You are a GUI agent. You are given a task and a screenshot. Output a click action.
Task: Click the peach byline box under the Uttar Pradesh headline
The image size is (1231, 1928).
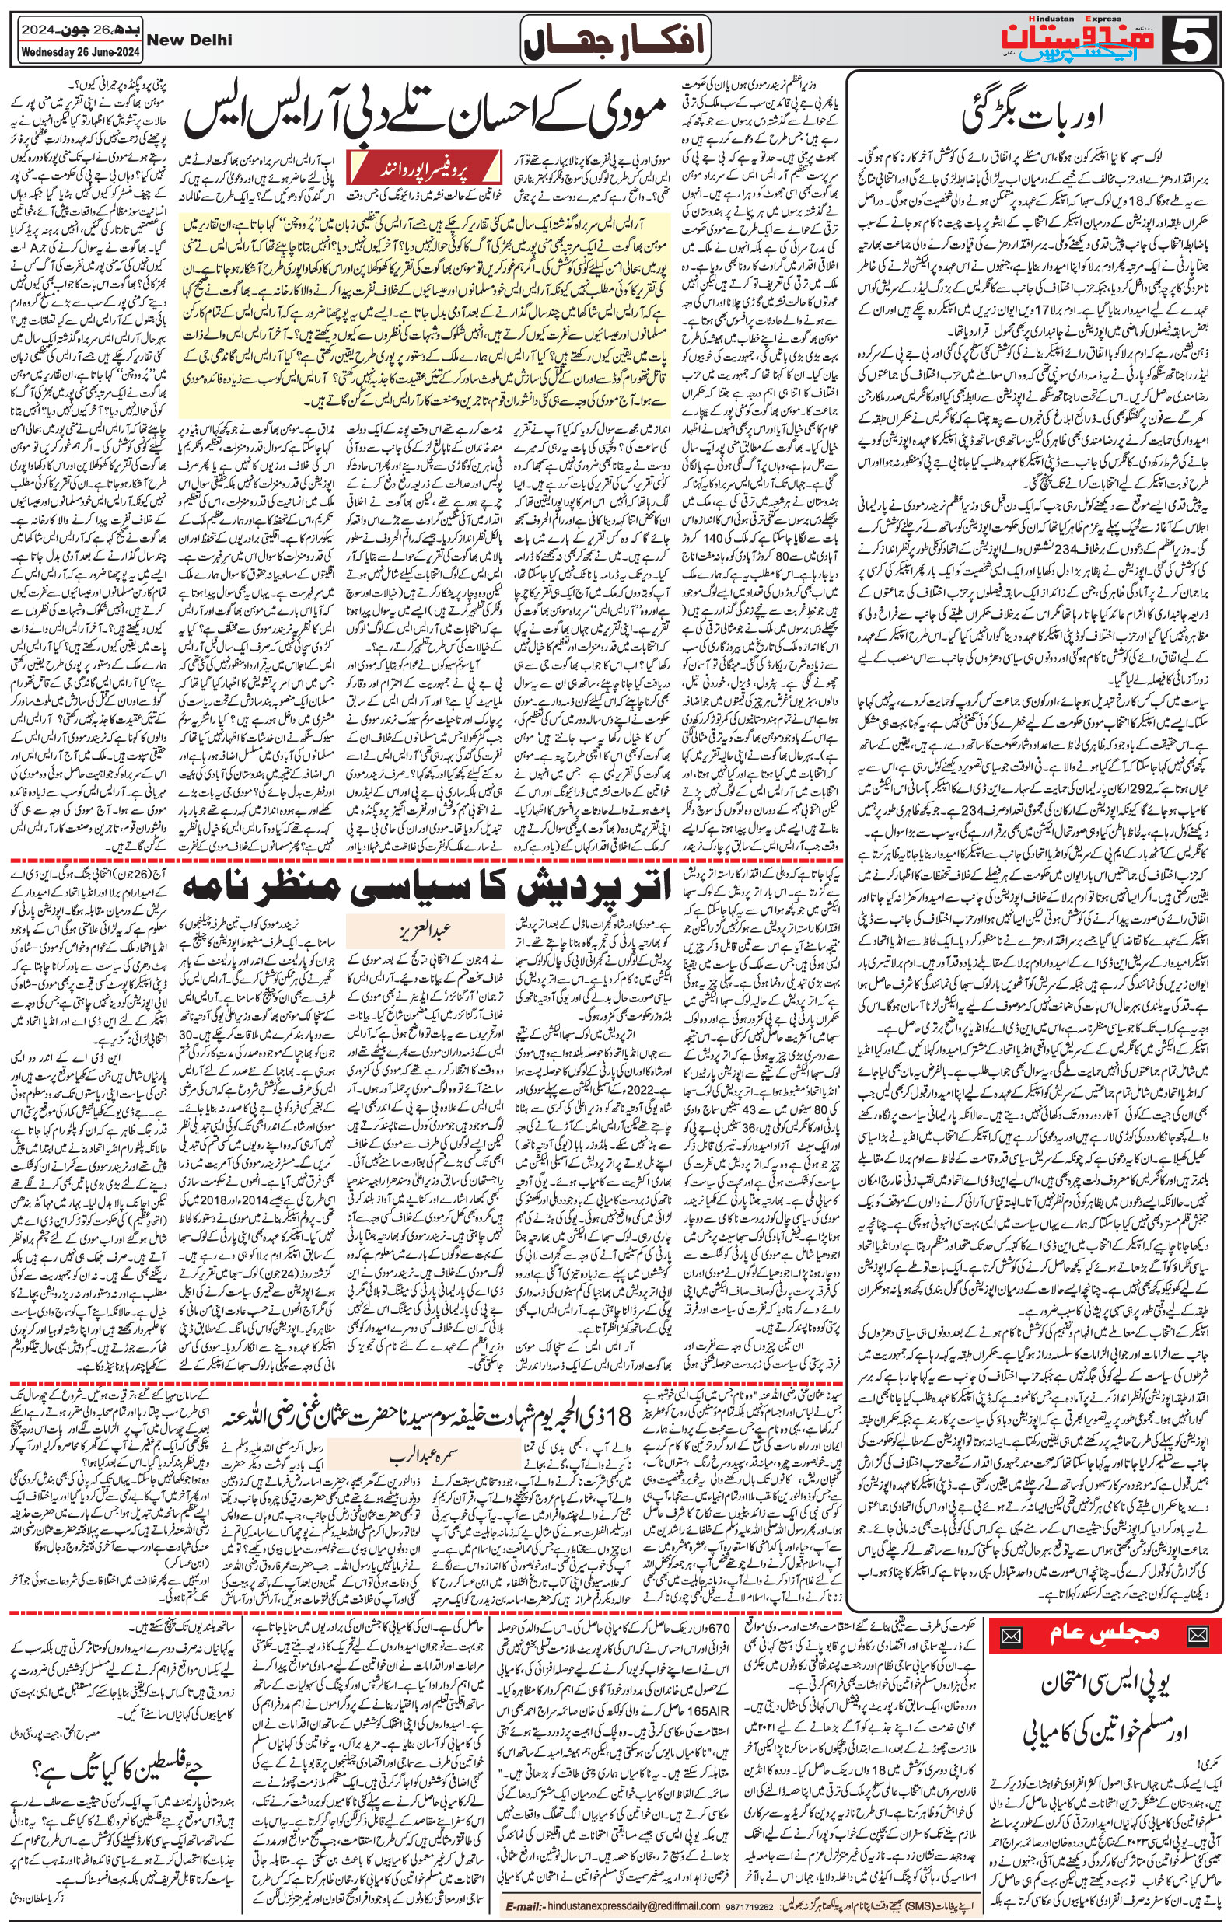pos(425,931)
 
